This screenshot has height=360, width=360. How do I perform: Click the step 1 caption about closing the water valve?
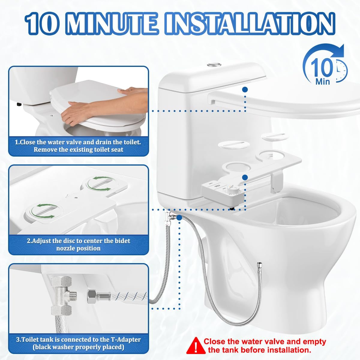point(78,145)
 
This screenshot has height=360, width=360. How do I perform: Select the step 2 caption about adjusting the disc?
point(78,244)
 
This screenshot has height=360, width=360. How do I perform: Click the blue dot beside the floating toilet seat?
point(245,89)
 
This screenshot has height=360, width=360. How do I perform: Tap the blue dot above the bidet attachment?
point(245,177)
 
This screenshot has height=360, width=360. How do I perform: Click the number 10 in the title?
point(42,23)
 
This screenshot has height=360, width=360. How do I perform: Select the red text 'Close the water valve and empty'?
point(265,341)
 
